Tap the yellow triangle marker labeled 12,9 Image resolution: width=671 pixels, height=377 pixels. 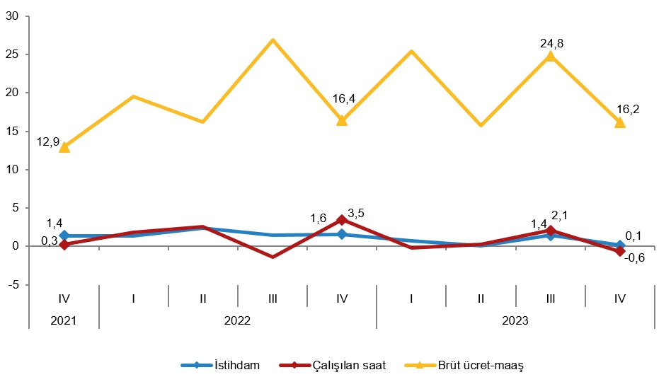(64, 147)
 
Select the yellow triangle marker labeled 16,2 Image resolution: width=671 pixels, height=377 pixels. (620, 122)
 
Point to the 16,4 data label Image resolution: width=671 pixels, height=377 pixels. (343, 99)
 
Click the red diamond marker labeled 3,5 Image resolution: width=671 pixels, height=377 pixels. (342, 220)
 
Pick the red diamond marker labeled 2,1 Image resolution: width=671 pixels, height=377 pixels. (551, 231)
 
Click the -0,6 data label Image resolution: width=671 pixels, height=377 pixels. (634, 257)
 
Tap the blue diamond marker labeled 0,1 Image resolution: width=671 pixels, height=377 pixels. (620, 245)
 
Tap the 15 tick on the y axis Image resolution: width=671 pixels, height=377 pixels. (13, 131)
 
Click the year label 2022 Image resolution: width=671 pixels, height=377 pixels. (238, 320)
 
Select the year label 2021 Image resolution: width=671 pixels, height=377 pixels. (64, 320)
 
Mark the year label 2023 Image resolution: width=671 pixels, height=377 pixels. (515, 320)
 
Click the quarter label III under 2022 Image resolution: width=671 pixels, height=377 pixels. (273, 298)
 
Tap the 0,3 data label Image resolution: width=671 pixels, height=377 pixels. (50, 241)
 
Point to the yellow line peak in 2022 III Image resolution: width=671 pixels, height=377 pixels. (273, 40)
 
